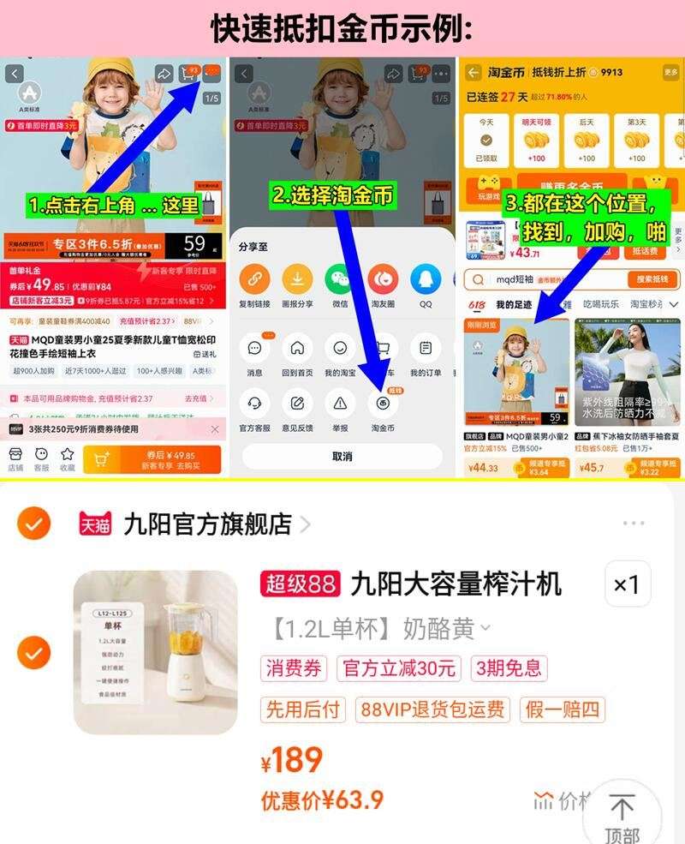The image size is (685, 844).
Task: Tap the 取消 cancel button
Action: (342, 457)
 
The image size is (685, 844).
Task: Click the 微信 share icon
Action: (340, 279)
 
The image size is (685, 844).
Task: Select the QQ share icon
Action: (426, 279)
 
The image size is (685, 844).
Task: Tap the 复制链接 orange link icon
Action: (253, 279)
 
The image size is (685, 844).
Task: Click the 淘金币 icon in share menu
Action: (383, 403)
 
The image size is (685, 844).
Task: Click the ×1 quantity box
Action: (627, 584)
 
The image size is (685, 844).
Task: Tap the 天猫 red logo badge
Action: (94, 524)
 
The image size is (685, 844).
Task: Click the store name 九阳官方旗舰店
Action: (207, 524)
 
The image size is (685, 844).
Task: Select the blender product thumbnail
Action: (156, 653)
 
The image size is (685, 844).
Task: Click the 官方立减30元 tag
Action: (398, 668)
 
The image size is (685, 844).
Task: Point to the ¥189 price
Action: (292, 760)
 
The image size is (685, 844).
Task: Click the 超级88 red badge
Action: (301, 584)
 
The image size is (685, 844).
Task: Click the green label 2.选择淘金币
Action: (335, 195)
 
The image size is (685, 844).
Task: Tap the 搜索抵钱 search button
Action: (652, 279)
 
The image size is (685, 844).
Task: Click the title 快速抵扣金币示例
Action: (342, 28)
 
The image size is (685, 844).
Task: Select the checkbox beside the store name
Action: (33, 524)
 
